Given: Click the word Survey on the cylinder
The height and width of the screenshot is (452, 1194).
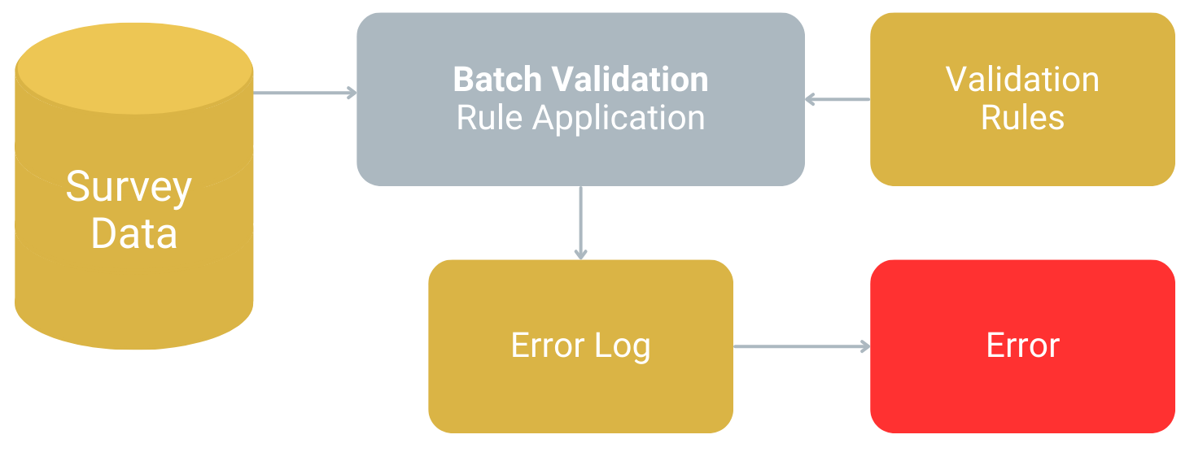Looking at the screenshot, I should click(129, 189).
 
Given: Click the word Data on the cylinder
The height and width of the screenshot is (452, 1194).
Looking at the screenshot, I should click(133, 233).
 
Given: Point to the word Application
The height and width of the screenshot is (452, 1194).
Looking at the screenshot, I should click(619, 119).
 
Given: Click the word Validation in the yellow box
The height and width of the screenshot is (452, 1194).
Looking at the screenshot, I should click(1022, 80).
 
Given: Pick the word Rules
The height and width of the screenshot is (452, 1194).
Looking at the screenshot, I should click(1022, 118).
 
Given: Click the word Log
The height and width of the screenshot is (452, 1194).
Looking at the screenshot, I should click(623, 346).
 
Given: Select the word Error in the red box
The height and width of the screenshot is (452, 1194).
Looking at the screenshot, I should click(1022, 346).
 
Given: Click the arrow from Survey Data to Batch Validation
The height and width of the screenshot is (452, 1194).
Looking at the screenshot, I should click(304, 93).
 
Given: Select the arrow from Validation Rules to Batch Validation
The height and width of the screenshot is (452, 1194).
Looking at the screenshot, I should click(838, 99).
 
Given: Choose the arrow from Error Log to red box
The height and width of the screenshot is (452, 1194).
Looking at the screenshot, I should click(801, 346).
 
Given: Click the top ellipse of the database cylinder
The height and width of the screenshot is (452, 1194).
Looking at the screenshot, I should click(134, 68).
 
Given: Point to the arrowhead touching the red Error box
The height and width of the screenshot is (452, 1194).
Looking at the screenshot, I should click(864, 346).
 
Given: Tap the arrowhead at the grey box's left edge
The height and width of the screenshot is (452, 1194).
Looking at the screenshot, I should click(352, 93).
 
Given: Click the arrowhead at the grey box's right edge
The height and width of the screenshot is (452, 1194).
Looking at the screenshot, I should click(811, 99).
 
